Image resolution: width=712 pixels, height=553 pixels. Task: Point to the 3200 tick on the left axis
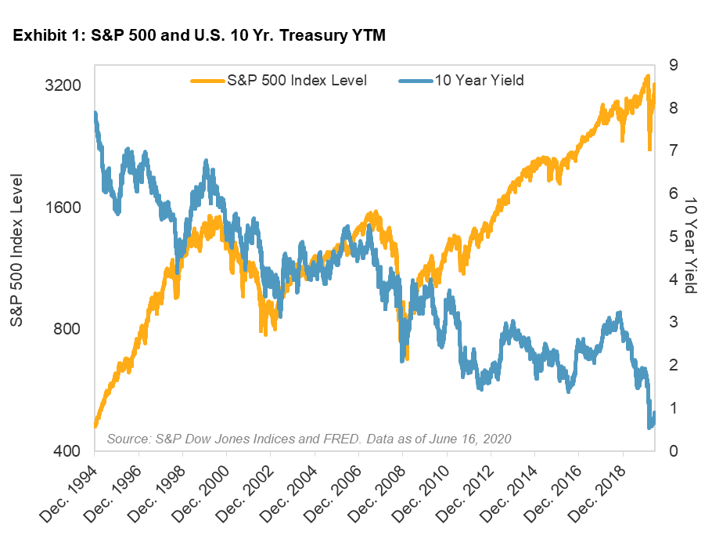[x=62, y=85]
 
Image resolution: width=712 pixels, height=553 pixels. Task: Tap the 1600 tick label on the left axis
[x=62, y=208]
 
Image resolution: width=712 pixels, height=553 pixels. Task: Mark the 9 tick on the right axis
[x=671, y=65]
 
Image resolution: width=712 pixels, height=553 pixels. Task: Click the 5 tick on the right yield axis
[x=671, y=237]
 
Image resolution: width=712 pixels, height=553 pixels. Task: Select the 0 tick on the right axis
[x=671, y=452]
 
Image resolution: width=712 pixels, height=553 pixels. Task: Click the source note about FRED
[x=308, y=438]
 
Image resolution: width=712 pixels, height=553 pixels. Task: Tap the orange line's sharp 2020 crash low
[x=650, y=149]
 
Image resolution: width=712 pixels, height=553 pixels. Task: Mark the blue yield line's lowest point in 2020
[x=650, y=427]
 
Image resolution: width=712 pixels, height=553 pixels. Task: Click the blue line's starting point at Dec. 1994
[x=95, y=114]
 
